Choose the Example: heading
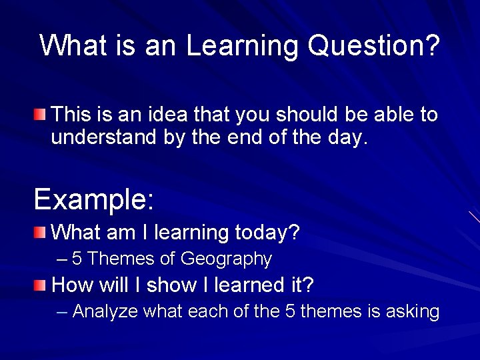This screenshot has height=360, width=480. coord(94,199)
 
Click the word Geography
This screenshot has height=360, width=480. coord(226,259)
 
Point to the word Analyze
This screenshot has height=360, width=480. coord(105,311)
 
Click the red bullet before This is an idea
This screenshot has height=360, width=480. coord(41,115)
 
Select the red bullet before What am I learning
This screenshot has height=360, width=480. coord(41,233)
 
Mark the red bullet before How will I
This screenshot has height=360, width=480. coord(41,285)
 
